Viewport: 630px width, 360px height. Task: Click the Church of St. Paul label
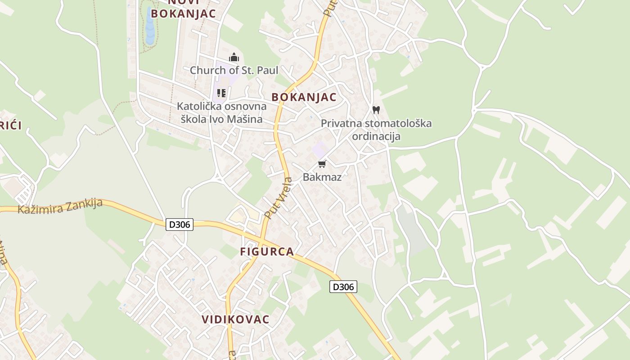234,70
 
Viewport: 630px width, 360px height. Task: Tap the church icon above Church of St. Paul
234,58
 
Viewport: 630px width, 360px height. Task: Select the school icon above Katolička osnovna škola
221,93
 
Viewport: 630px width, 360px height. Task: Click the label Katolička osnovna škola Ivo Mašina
221,112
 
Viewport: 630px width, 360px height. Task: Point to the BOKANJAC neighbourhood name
304,97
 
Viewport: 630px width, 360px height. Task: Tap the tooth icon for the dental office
376,109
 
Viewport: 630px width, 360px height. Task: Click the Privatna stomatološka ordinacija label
376,130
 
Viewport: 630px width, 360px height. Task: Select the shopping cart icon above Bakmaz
322,164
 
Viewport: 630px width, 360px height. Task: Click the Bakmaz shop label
322,177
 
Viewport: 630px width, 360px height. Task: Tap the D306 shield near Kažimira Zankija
180,225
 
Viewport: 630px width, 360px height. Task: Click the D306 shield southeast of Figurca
343,287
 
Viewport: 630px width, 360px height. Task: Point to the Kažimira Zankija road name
60,206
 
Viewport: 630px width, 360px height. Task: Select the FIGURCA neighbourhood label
267,252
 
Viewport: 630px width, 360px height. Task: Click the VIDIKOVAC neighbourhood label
235,319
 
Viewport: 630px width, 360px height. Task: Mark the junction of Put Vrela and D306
261,236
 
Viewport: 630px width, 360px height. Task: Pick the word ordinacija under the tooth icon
376,136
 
